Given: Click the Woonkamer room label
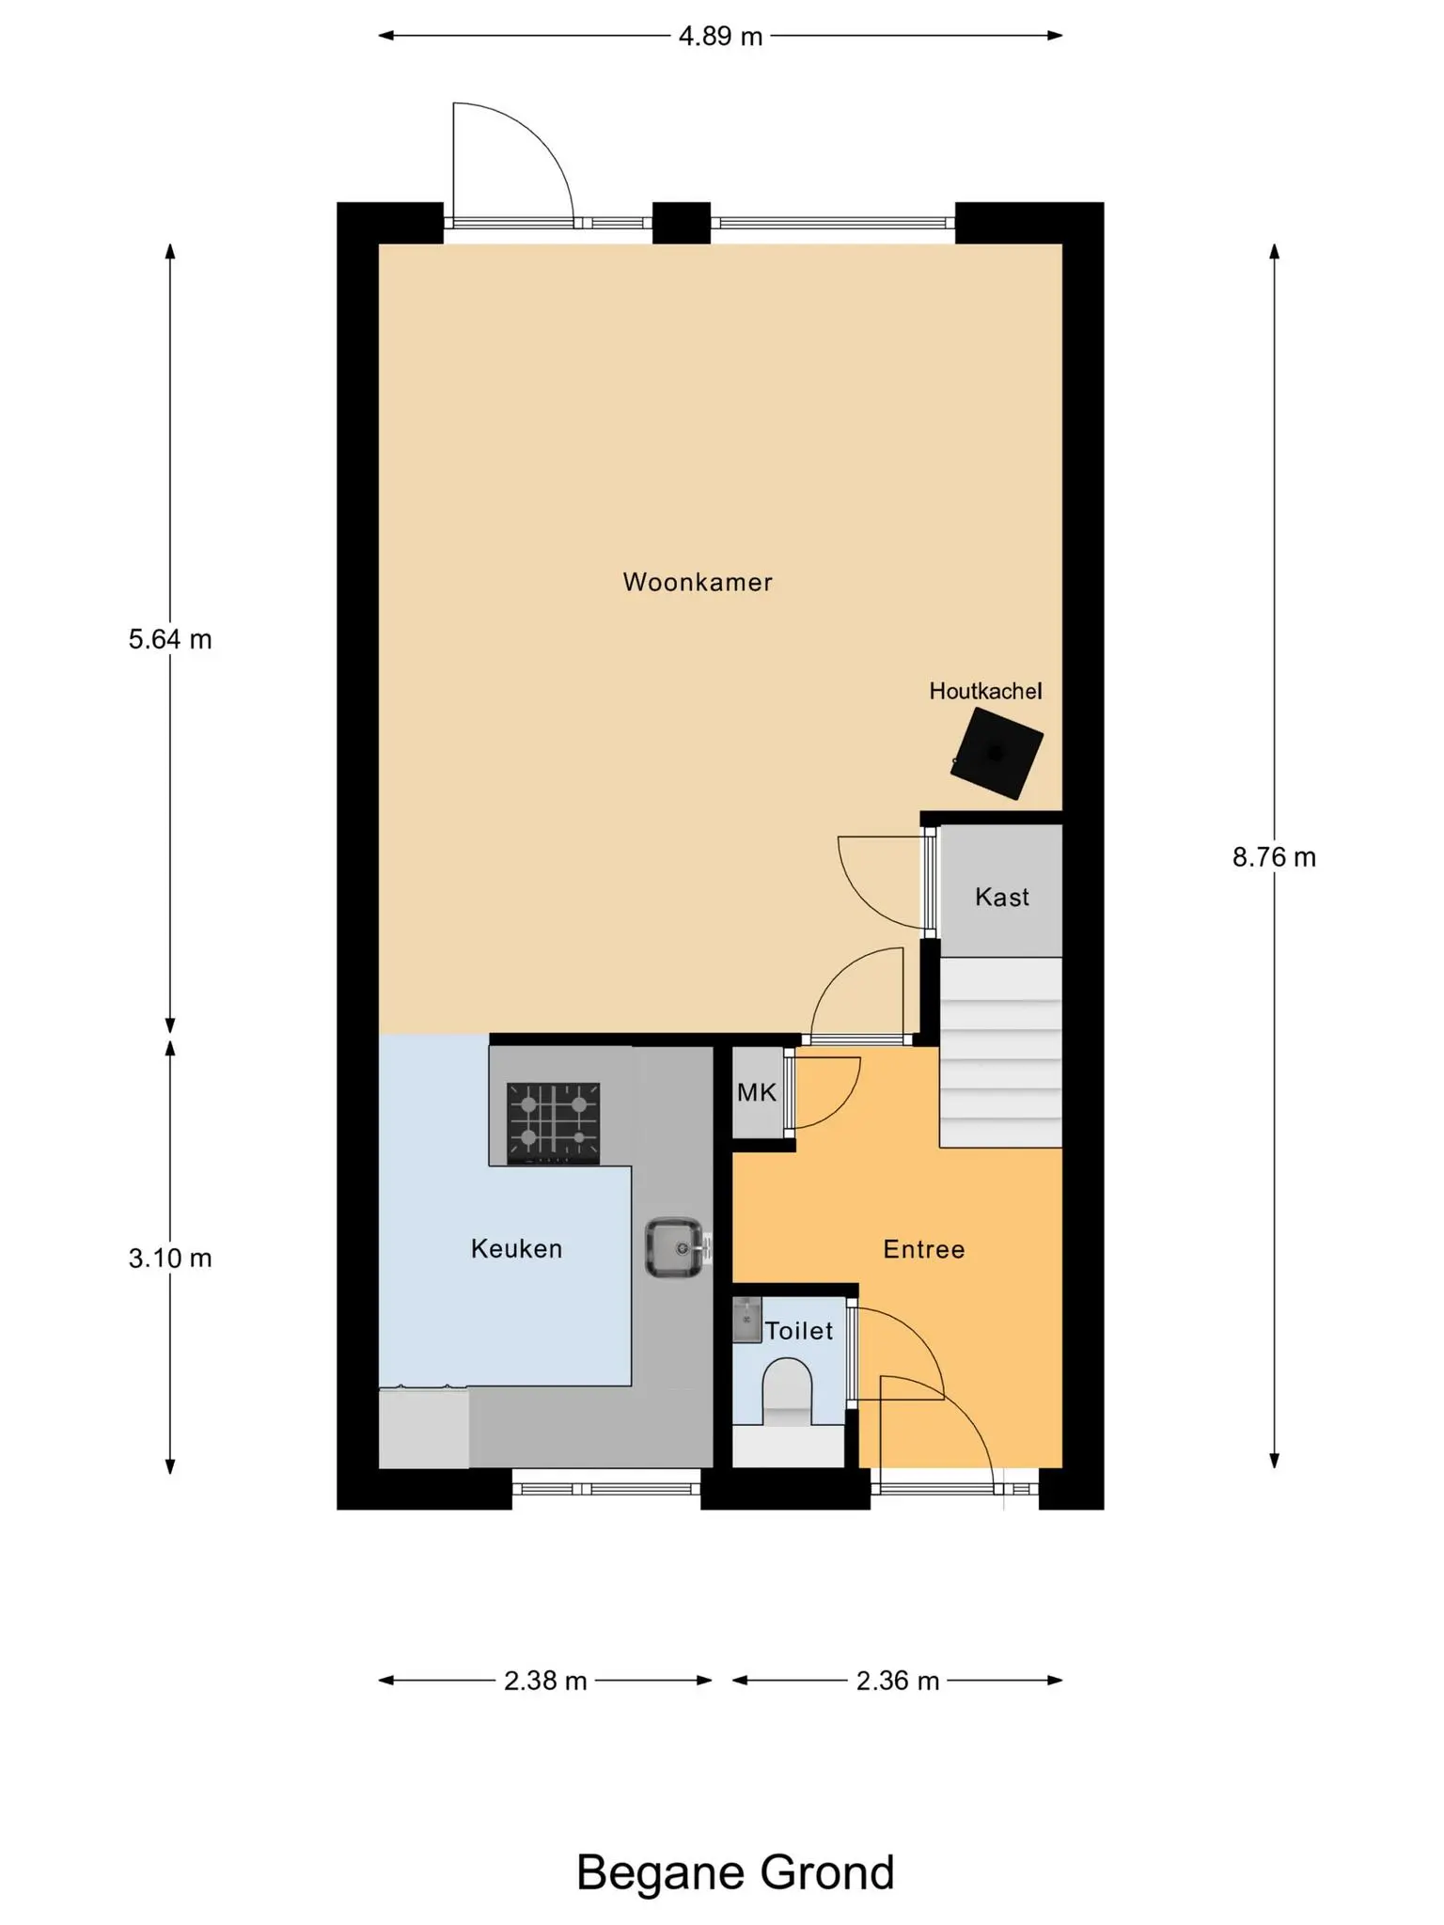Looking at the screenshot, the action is click(x=698, y=582).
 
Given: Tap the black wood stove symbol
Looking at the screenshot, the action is click(x=997, y=754).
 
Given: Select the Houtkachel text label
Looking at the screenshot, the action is click(x=985, y=691).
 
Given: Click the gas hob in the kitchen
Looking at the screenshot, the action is click(x=554, y=1123).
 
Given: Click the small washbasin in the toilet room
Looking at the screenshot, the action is click(x=746, y=1320).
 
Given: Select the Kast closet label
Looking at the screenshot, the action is click(x=1002, y=897).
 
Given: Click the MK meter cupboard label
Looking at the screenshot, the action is click(x=757, y=1092).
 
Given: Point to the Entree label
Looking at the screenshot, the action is click(x=924, y=1249).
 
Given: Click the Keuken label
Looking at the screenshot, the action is click(x=516, y=1248).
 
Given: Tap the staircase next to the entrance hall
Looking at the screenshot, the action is click(x=1001, y=1052).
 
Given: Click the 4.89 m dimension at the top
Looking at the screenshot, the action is click(x=720, y=37).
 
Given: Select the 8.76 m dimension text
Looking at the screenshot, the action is click(x=1274, y=857).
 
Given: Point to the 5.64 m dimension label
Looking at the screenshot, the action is click(x=170, y=639).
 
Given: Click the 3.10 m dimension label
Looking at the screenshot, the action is click(x=170, y=1258).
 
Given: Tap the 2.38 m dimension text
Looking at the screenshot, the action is click(x=545, y=1681).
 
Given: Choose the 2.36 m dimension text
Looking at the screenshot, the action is click(x=898, y=1681).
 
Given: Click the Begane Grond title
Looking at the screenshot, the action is click(x=735, y=1872).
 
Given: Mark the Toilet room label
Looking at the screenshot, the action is click(x=799, y=1330).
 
